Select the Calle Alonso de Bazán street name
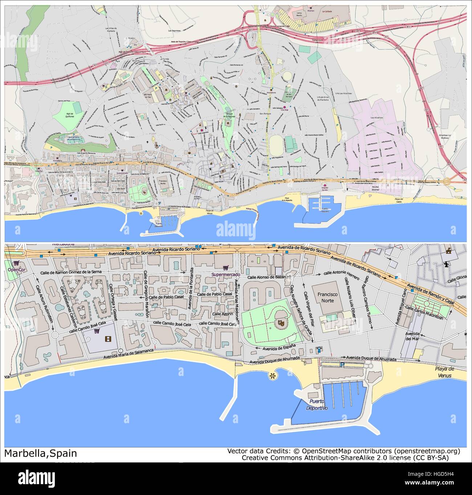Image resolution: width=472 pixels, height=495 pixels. click(x=267, y=277)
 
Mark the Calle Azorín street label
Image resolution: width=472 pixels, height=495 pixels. click(x=223, y=314)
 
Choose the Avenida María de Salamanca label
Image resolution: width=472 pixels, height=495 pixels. click(x=129, y=354)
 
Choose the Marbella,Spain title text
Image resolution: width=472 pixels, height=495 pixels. click(x=41, y=453)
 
